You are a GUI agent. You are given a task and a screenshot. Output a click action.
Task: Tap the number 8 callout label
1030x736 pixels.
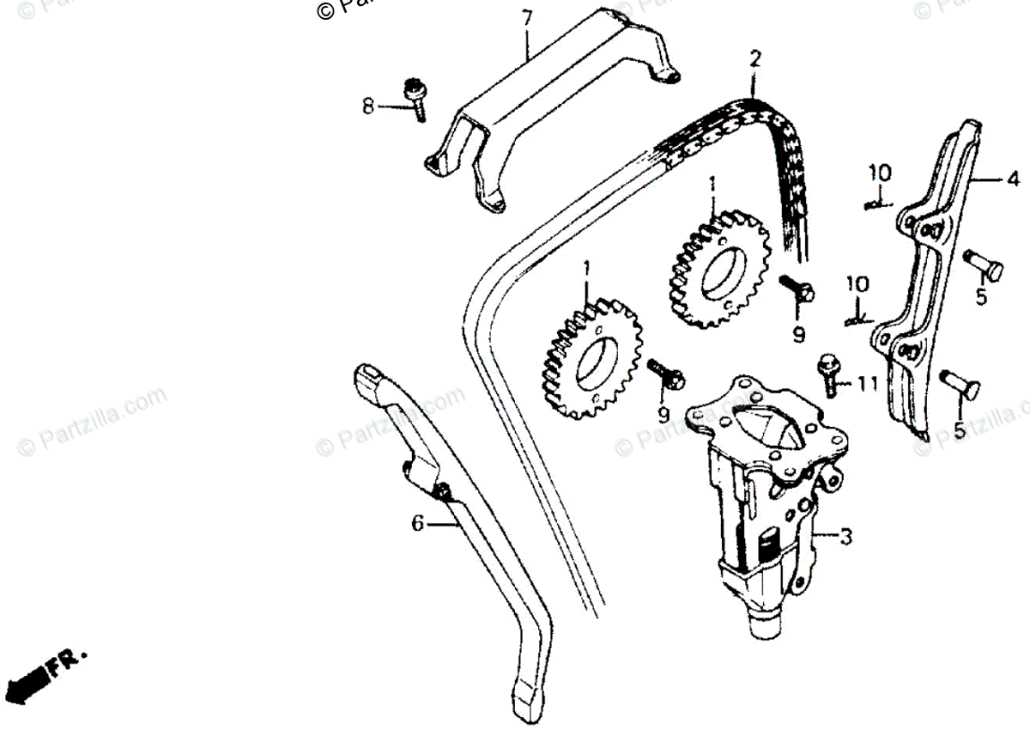click(x=367, y=106)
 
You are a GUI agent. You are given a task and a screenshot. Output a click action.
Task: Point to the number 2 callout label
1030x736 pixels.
click(x=754, y=59)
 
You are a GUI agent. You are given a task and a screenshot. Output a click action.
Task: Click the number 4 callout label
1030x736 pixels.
click(x=1013, y=180)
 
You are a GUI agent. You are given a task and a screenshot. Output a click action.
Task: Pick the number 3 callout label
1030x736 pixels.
click(x=845, y=538)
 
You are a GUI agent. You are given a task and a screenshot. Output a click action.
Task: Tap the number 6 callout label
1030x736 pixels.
click(x=417, y=522)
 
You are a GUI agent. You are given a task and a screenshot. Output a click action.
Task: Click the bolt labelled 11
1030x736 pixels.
click(x=829, y=373)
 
